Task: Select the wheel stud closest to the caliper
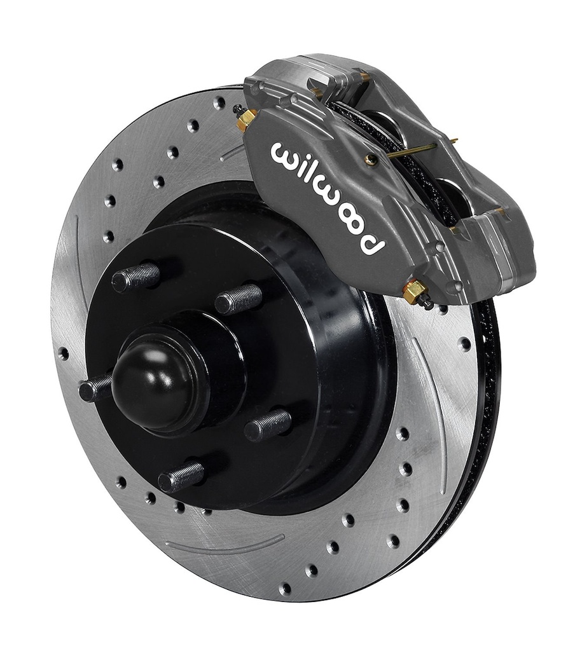click(239, 299)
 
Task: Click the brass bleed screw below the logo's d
click(415, 292)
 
